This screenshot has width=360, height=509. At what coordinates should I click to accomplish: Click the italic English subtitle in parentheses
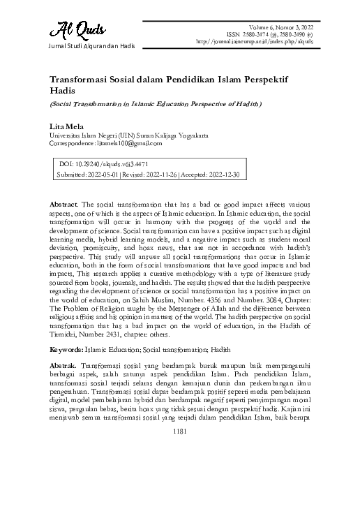[x=155, y=104]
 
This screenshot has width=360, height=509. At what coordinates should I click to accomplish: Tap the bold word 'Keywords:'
[x=66, y=348]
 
